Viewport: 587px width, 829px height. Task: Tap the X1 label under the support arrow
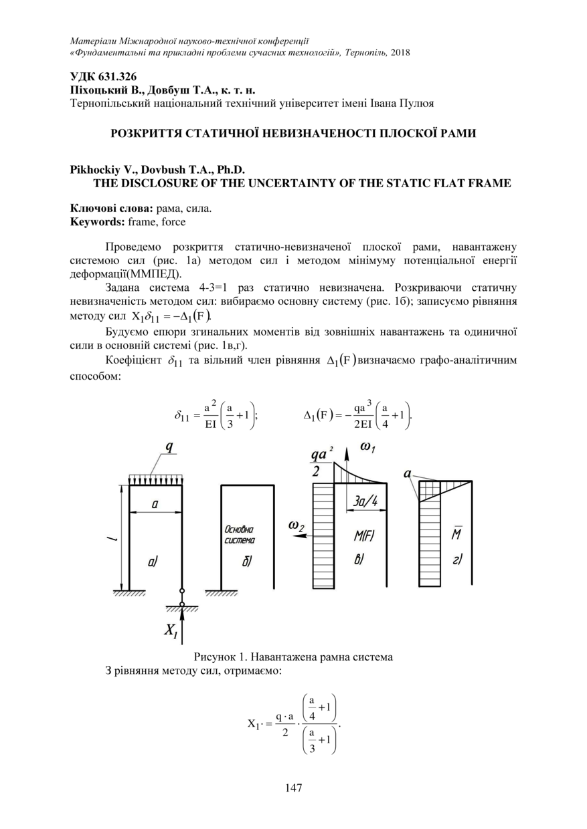(171, 630)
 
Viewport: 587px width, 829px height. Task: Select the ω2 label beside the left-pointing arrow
(297, 525)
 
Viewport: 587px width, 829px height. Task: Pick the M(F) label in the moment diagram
(364, 537)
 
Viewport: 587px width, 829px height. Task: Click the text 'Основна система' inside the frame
(240, 534)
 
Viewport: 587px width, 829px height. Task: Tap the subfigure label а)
(153, 562)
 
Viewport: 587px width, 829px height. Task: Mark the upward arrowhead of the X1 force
(181, 613)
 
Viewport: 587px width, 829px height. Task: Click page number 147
(293, 788)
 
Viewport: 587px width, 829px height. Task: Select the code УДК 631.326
(103, 77)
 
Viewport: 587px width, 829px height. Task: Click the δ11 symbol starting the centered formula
(183, 418)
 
